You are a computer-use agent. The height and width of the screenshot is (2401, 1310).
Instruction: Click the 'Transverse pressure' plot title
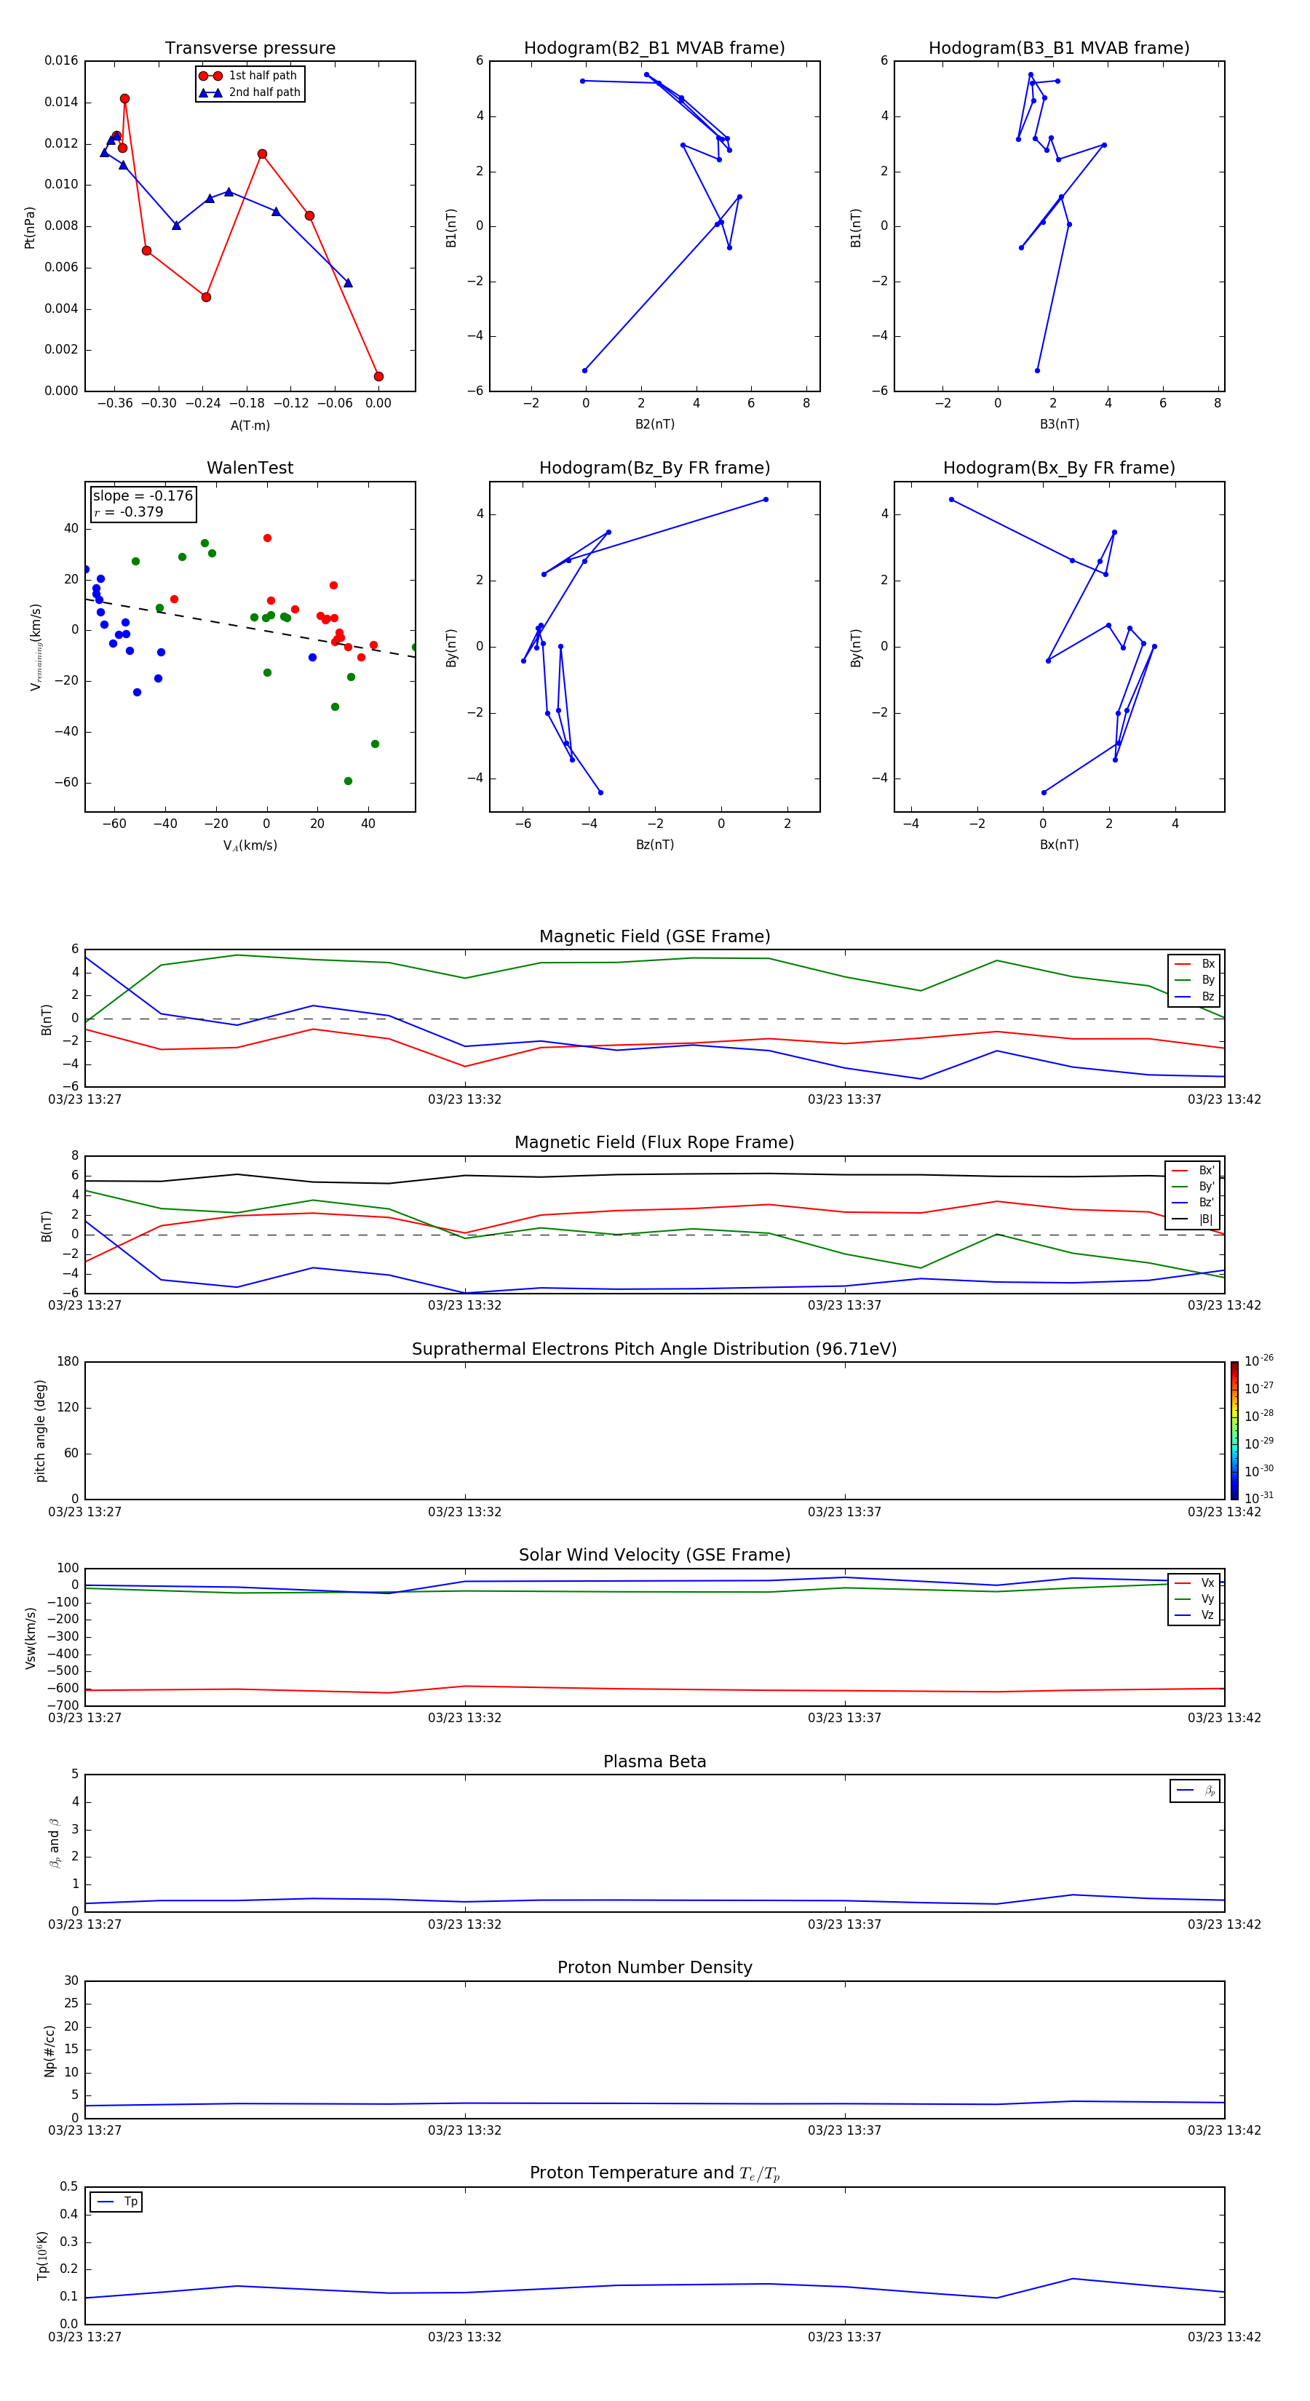tap(250, 49)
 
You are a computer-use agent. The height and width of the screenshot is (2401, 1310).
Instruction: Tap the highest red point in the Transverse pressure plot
tap(125, 99)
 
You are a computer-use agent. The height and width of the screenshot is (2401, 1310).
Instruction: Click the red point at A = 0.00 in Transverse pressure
tap(378, 377)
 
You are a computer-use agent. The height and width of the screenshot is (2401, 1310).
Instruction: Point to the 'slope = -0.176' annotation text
tap(143, 496)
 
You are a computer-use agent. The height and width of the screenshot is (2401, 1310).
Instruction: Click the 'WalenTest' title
tap(250, 468)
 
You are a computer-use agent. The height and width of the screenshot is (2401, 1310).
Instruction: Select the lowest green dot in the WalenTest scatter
tap(348, 781)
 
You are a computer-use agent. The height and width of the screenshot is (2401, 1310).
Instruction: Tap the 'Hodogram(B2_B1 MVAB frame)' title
tap(654, 49)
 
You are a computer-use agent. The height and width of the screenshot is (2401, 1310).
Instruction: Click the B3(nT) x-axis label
tap(1059, 424)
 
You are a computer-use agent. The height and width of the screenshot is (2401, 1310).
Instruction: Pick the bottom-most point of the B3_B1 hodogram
tap(1037, 371)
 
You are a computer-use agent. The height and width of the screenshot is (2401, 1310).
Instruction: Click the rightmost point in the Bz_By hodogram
tap(766, 500)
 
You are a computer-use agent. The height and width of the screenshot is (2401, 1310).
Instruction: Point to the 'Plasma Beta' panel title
tap(654, 1761)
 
